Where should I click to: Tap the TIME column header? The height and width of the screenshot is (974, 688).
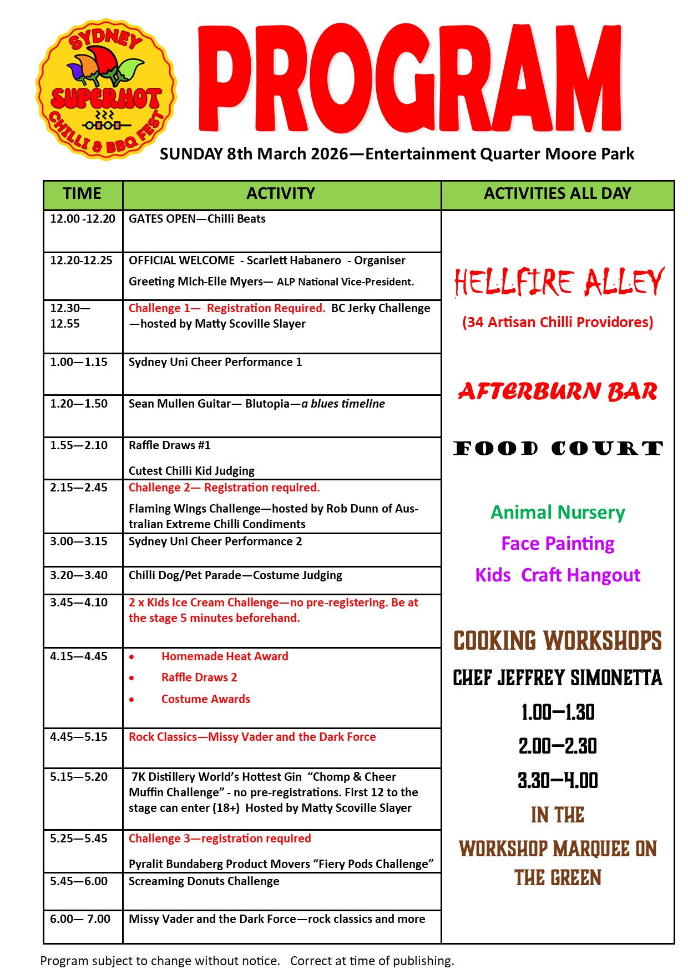[82, 194]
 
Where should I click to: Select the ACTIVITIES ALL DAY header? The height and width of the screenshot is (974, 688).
[557, 194]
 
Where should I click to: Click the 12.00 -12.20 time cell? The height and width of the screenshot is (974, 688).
[83, 219]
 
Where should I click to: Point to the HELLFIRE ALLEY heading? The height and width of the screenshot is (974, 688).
[558, 282]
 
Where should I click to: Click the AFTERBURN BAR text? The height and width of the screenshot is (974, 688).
[558, 391]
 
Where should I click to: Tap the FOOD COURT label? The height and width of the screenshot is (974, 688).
[558, 448]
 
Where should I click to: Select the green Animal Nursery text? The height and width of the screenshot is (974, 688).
[558, 512]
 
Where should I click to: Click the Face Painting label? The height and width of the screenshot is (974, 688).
[558, 543]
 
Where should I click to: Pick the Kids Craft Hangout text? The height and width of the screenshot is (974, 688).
[558, 575]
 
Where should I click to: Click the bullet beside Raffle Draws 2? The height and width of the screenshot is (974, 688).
[131, 678]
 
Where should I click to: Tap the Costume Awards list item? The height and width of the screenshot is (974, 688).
[205, 699]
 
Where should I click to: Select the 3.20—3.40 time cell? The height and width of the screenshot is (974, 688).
[79, 575]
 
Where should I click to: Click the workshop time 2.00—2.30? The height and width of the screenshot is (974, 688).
[558, 746]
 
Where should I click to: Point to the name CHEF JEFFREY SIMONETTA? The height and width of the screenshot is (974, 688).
[558, 678]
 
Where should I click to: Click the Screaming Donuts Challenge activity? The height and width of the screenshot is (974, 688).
[204, 881]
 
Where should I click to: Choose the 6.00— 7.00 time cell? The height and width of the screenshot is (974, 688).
[80, 919]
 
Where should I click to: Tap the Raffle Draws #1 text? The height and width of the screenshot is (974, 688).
[169, 445]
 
